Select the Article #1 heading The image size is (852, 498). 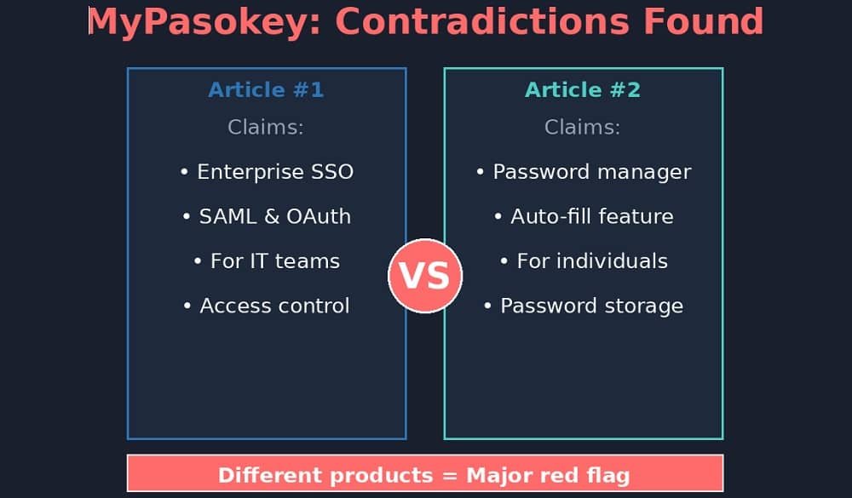(266, 89)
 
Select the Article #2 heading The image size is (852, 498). (583, 89)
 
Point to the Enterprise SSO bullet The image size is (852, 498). (267, 172)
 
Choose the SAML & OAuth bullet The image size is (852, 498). (267, 216)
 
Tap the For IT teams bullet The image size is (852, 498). (267, 260)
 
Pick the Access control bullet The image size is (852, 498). (267, 306)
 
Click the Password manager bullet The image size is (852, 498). (584, 172)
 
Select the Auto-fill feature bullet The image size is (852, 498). (584, 216)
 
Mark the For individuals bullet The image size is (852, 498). (584, 260)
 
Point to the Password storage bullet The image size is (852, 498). (584, 306)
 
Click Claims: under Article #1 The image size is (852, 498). (266, 128)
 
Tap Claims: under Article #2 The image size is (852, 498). (583, 128)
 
